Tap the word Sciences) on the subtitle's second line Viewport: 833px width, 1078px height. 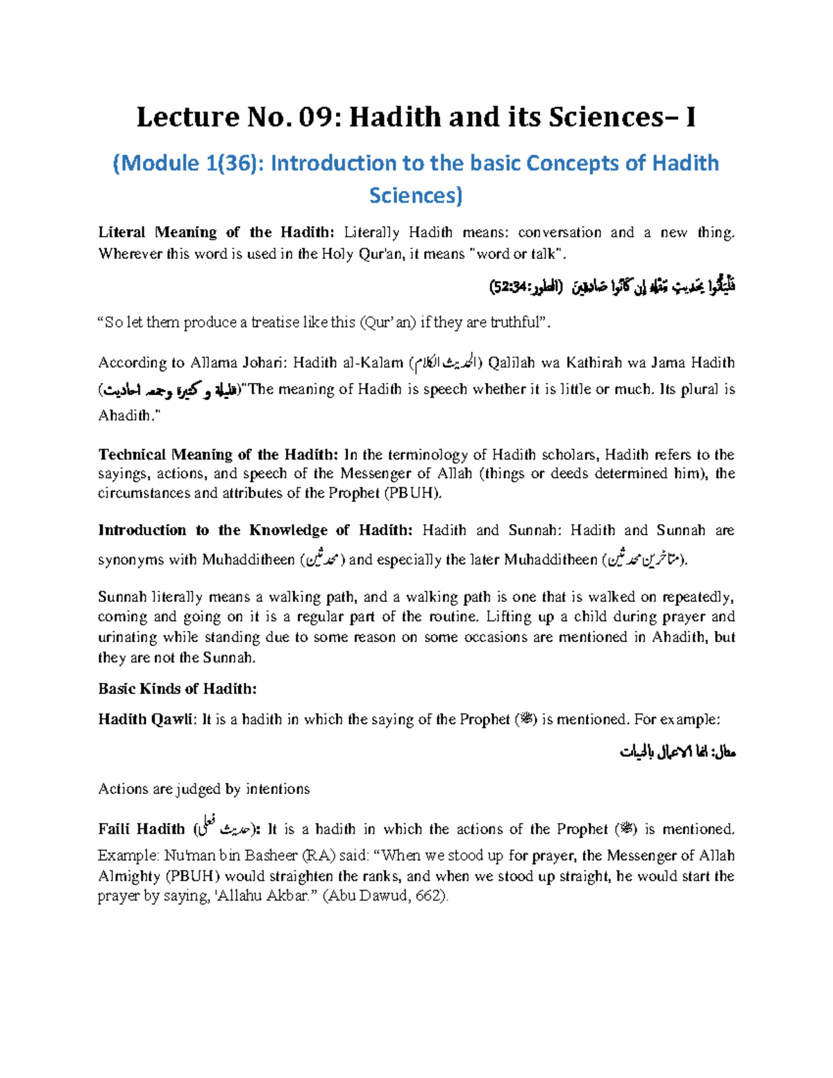tap(416, 196)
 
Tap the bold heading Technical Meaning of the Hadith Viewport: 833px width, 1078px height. tap(217, 455)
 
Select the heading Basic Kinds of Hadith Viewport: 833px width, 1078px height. tap(177, 689)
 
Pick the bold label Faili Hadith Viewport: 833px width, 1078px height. tap(142, 829)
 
